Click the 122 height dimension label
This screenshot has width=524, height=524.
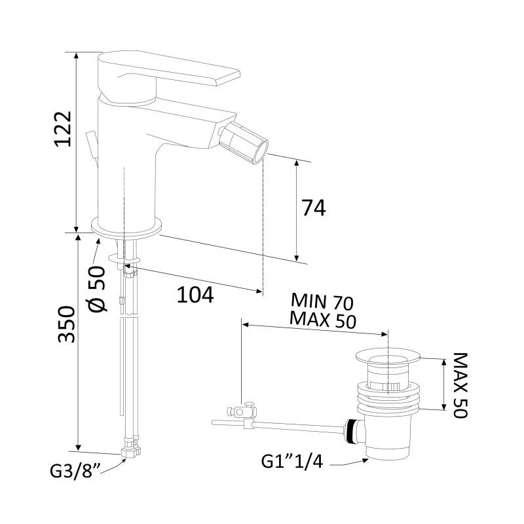point(63,128)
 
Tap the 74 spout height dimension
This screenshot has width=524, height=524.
point(314,208)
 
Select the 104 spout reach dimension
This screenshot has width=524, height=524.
point(195,295)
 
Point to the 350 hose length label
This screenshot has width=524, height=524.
point(66,324)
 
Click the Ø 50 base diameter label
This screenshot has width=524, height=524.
point(98,289)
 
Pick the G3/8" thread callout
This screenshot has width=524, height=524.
point(75,471)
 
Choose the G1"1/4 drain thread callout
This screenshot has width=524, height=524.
point(291,462)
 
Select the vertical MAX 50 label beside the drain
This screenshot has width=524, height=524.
point(460,384)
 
